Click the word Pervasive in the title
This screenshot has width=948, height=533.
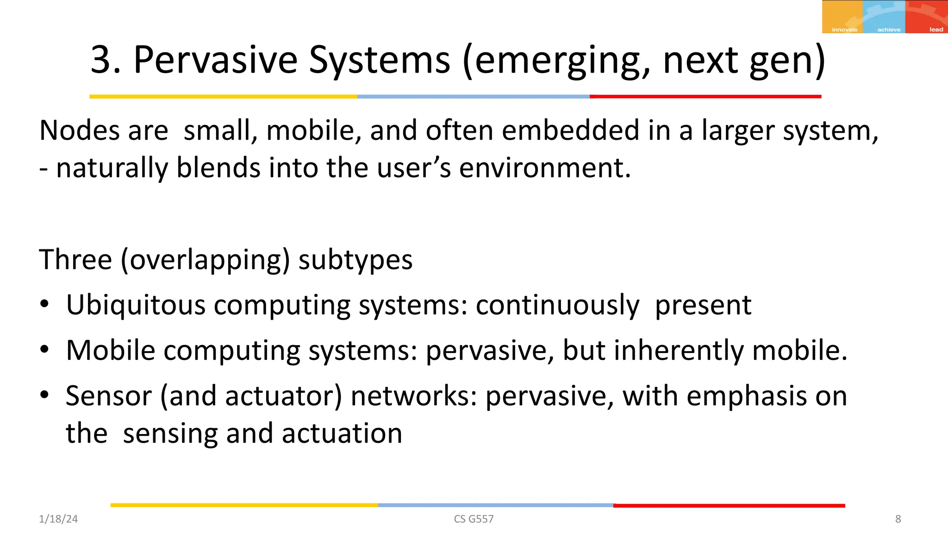click(215, 60)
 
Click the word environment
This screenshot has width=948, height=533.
click(544, 168)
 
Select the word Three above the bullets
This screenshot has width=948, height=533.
click(75, 260)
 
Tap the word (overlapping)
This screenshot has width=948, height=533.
click(205, 260)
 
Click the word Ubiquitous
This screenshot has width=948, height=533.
click(136, 305)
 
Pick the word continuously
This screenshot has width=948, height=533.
click(557, 306)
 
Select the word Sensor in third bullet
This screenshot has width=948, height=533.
click(109, 397)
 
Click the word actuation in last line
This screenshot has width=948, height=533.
click(342, 434)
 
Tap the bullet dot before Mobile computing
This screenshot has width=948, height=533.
click(44, 349)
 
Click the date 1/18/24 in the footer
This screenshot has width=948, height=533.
click(58, 519)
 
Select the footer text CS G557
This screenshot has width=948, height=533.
click(474, 519)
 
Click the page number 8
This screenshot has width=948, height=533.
click(898, 519)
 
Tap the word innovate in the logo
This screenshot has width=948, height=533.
click(844, 30)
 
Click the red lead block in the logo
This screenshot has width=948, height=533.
click(926, 16)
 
